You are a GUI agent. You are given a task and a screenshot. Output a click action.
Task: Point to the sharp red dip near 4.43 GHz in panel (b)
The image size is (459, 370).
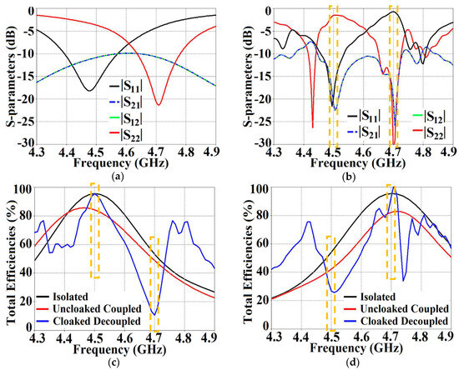312,127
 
